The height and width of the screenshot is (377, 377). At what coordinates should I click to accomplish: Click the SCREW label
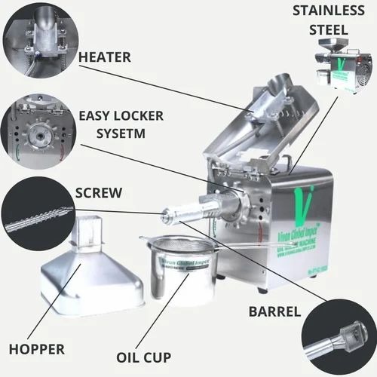tap(100, 193)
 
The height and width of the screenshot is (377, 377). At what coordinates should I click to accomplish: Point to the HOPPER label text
tap(35, 349)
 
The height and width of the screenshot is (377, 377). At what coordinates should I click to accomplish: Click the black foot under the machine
tap(262, 290)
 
